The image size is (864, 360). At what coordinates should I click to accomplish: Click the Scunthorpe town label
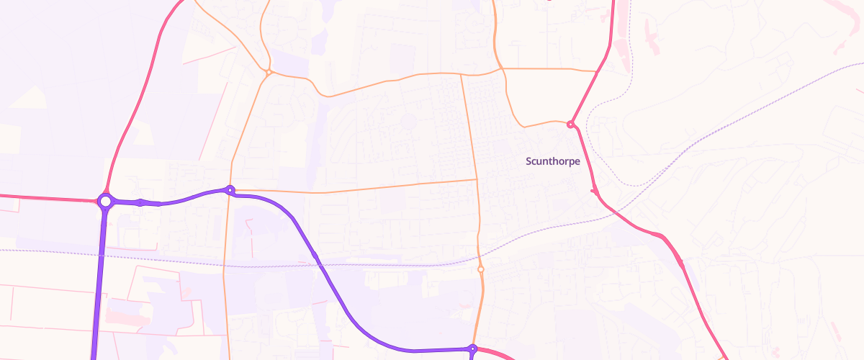coord(553,161)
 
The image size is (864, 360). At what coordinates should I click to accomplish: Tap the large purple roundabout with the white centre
coord(105,202)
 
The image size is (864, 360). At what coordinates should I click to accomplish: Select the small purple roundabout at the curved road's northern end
coord(230,190)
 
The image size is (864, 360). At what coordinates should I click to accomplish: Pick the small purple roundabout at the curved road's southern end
coord(472,349)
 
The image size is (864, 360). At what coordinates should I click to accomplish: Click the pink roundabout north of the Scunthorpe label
coord(570,125)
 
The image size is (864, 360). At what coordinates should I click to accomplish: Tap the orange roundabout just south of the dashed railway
coord(480,269)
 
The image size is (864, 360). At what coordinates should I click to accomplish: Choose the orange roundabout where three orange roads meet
coord(268,72)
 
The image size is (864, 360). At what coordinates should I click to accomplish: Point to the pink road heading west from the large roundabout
coord(43,197)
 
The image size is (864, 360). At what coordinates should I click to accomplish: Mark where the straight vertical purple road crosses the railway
coord(100,253)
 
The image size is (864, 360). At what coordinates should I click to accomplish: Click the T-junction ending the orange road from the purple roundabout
coord(477,179)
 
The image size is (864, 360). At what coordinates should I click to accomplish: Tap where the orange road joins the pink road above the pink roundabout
coord(597,71)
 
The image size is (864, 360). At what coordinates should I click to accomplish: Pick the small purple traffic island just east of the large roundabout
coord(141,202)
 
